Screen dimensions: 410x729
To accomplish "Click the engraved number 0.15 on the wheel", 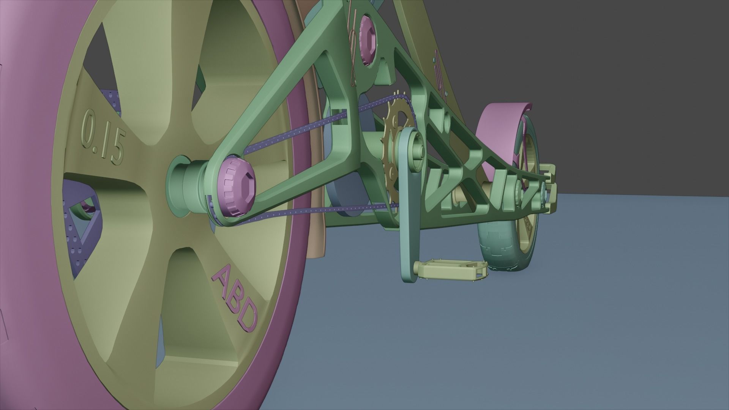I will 103,137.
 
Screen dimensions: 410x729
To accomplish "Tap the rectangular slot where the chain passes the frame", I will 339,118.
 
